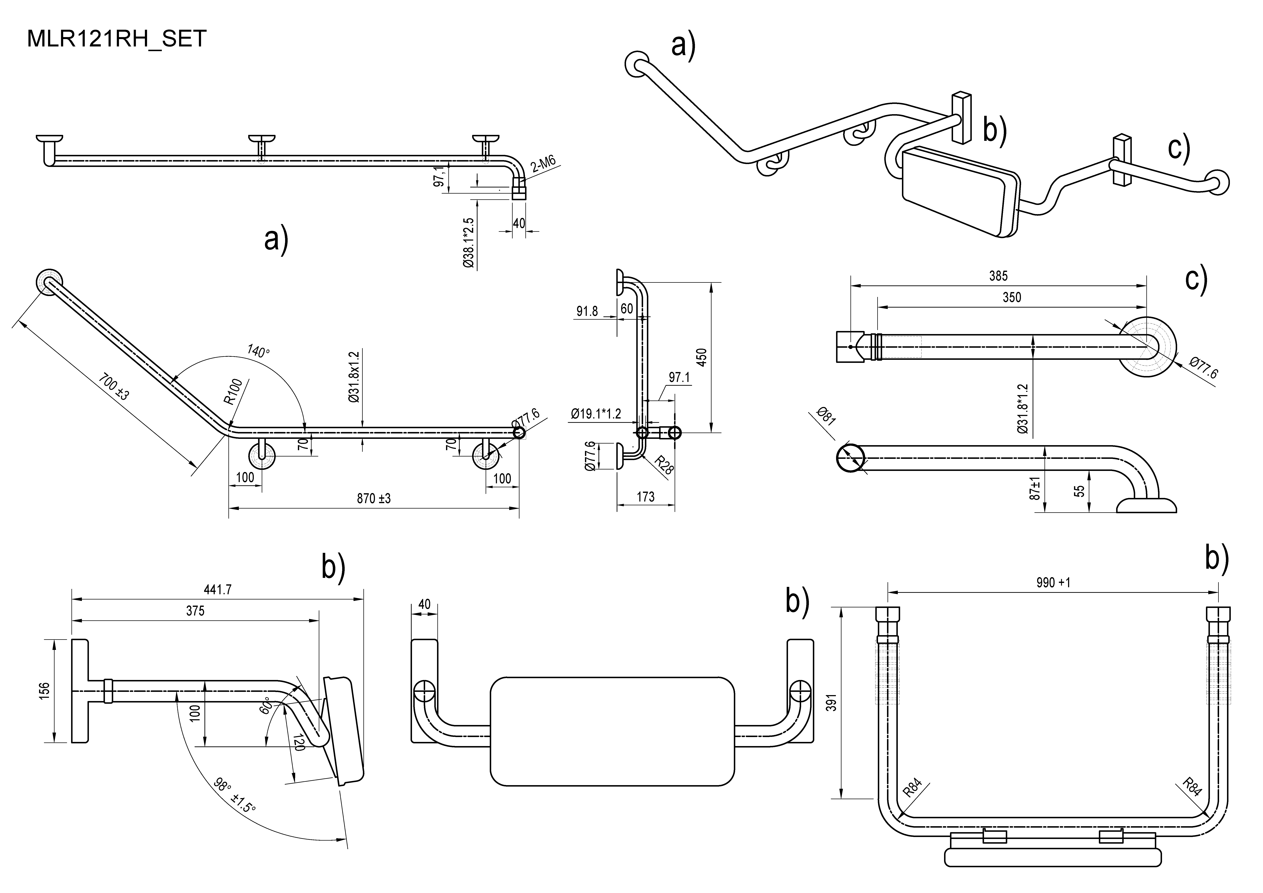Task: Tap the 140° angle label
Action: (x=258, y=351)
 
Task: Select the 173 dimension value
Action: (x=645, y=497)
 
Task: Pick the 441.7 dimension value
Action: (x=218, y=589)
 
